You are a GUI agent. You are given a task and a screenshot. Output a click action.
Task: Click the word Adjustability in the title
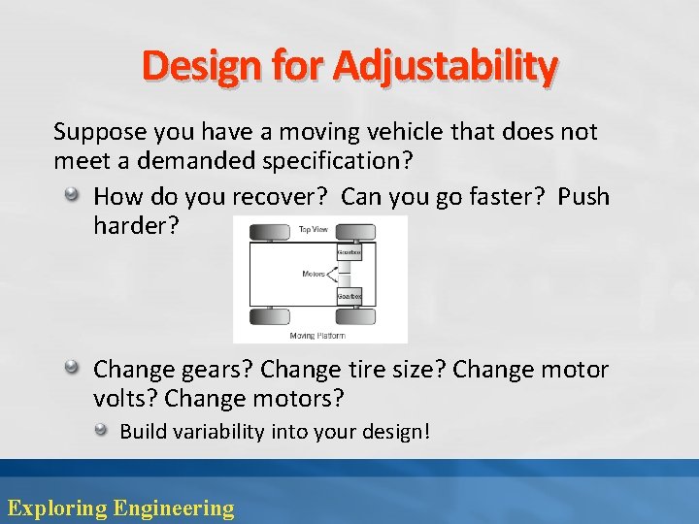click(446, 66)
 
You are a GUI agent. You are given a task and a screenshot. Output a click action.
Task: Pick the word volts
click(125, 399)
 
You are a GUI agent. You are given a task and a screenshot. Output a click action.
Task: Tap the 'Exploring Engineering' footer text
click(120, 508)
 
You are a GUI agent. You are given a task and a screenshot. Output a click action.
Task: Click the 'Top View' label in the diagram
click(312, 230)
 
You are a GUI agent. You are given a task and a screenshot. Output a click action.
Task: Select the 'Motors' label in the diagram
click(313, 275)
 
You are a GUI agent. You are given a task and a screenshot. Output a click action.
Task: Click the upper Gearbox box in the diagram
click(349, 253)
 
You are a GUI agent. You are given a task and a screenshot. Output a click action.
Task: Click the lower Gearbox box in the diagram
click(349, 295)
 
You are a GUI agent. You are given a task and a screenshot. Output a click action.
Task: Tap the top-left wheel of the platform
click(269, 232)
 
